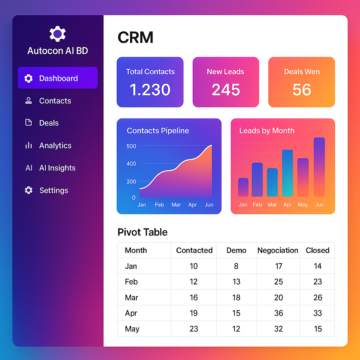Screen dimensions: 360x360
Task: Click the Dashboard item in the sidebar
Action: (58, 78)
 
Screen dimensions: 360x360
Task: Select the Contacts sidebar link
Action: (55, 101)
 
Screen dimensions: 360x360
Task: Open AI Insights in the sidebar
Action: (57, 168)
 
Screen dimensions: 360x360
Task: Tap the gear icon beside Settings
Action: (28, 190)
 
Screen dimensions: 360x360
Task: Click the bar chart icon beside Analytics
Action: (28, 146)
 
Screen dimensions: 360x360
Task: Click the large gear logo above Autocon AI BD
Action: (58, 34)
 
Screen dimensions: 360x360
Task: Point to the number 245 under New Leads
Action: (226, 90)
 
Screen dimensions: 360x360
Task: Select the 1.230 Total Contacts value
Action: (150, 90)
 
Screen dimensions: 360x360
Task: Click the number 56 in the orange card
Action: (302, 90)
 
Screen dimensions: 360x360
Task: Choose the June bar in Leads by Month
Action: (319, 167)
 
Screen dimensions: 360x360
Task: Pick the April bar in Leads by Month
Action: (288, 173)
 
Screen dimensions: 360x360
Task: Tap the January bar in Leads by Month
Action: (243, 187)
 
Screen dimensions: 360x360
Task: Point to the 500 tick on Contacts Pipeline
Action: (131, 146)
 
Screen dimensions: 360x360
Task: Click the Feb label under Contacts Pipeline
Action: (159, 205)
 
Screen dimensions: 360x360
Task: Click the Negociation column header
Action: (278, 250)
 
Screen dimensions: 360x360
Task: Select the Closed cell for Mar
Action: (317, 297)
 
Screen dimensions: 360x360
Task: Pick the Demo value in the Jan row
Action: (236, 266)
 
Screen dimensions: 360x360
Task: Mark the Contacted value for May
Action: (194, 329)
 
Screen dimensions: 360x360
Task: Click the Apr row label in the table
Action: (131, 313)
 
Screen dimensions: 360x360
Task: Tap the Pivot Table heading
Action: (142, 232)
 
